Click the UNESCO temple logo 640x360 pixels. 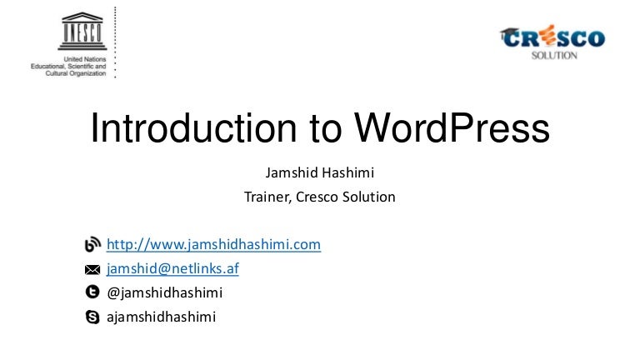(x=82, y=31)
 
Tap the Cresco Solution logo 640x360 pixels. (x=552, y=42)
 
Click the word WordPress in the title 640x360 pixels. (x=452, y=127)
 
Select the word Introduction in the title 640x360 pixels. (x=193, y=127)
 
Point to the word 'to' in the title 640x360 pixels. (x=325, y=129)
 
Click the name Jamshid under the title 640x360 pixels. (x=292, y=172)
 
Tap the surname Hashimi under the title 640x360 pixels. (x=347, y=172)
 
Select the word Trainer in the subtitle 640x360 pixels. (x=267, y=197)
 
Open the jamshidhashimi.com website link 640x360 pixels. (x=213, y=244)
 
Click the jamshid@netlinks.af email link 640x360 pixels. (x=172, y=268)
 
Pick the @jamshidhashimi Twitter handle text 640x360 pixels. (x=164, y=292)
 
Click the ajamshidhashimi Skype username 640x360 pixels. (x=161, y=317)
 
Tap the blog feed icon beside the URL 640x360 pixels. (x=92, y=244)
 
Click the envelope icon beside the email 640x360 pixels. (x=92, y=269)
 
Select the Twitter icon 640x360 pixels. (x=92, y=292)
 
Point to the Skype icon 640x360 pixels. (x=92, y=317)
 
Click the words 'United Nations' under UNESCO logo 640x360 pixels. (x=84, y=59)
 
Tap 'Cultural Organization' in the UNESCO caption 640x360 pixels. (x=76, y=73)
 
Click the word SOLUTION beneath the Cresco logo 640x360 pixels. (x=554, y=56)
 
